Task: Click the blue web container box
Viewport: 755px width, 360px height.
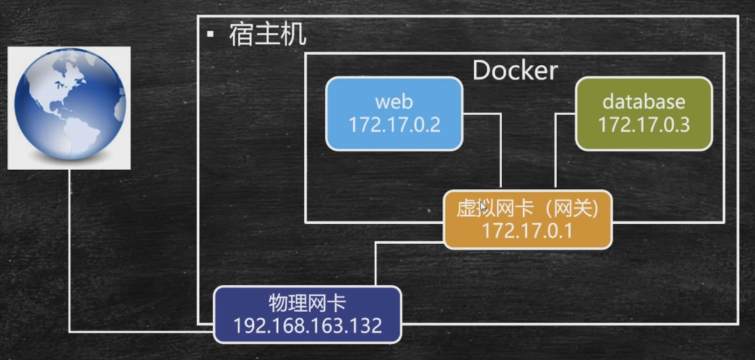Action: (x=394, y=114)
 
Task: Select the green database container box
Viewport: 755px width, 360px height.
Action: (x=644, y=114)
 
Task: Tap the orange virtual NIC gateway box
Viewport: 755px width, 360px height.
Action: (x=527, y=220)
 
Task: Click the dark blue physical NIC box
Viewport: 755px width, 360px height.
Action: (x=307, y=315)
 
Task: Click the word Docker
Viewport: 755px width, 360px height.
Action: (x=515, y=71)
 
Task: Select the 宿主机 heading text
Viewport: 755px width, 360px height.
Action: (x=267, y=35)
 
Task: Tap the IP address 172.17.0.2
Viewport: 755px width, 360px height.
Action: (x=394, y=125)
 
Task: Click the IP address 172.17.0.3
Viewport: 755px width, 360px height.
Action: (x=644, y=125)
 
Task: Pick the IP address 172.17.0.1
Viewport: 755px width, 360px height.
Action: (x=527, y=231)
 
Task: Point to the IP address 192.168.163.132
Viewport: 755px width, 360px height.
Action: (x=307, y=326)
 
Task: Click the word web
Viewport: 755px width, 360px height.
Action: (x=394, y=101)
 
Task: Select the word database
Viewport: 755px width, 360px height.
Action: (x=644, y=101)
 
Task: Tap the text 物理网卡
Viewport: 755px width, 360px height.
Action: (x=307, y=304)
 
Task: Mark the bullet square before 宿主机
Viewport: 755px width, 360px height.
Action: (x=210, y=35)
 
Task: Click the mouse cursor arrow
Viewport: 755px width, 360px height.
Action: (x=483, y=207)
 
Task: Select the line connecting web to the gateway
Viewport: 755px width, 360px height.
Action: (x=501, y=150)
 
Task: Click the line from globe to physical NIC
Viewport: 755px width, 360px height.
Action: (x=70, y=252)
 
